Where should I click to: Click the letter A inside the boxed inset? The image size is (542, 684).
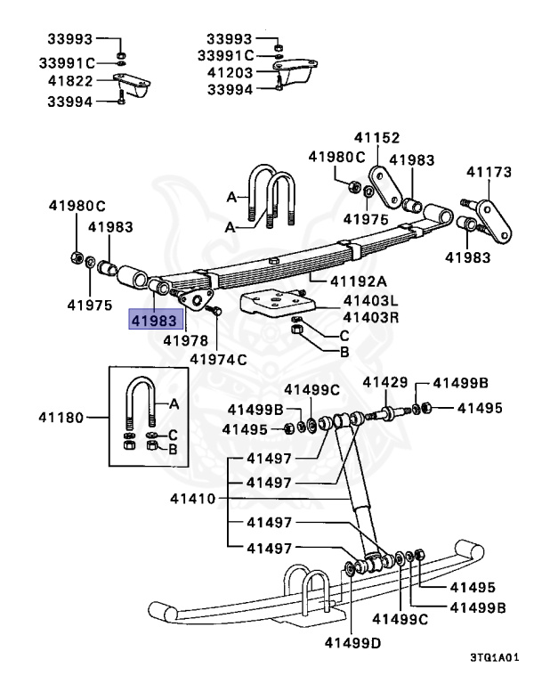pyautogui.click(x=174, y=403)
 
